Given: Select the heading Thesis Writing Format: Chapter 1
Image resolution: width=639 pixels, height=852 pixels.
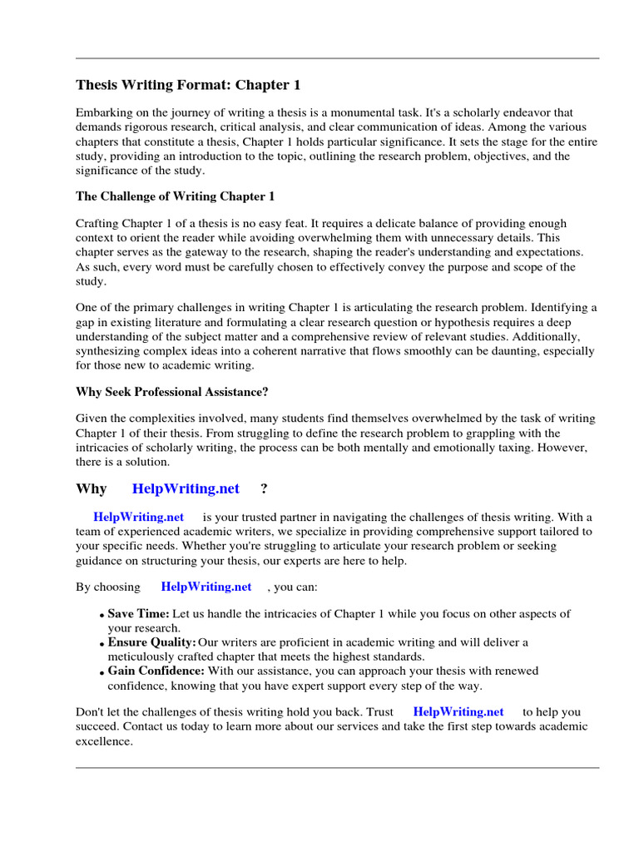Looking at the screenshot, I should pos(188,85).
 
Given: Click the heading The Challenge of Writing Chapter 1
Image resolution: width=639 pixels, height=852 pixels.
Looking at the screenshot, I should pos(175,196).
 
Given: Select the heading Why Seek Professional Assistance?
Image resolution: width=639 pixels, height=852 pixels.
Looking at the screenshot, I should pos(172,392).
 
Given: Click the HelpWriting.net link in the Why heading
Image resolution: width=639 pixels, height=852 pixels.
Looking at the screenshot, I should pos(186,488).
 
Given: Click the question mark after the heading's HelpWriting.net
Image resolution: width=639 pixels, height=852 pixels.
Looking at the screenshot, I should pos(264,488).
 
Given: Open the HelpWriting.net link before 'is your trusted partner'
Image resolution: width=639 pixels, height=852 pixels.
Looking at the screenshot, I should pos(138,517).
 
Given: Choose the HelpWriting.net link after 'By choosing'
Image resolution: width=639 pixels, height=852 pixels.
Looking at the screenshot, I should pos(206,587).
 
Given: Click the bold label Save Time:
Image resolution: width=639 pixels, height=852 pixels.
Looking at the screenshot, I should pos(138,614).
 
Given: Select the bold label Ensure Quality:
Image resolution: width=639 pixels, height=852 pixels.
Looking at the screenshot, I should pos(151,642).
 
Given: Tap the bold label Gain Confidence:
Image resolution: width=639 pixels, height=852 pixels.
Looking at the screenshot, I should pos(156,671).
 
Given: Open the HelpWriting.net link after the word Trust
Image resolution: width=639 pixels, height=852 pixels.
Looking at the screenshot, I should pos(458,712).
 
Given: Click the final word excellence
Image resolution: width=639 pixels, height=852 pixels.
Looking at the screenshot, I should pos(104,741).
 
